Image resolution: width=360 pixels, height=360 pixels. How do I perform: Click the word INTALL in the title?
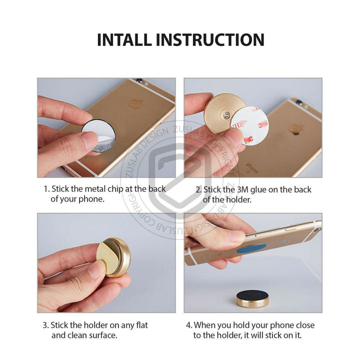click(x=124, y=39)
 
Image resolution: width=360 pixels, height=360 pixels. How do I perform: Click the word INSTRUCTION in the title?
click(x=210, y=39)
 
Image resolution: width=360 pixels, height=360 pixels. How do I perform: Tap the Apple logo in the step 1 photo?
click(x=136, y=104)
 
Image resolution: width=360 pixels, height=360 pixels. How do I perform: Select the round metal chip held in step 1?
click(x=98, y=135)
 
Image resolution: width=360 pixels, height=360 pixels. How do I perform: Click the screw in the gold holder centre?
click(x=227, y=115)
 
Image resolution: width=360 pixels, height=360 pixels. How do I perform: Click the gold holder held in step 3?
click(x=113, y=257)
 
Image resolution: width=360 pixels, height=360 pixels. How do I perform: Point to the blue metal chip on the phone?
click(x=251, y=249)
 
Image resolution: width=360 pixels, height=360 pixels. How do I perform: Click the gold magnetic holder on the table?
click(x=253, y=299)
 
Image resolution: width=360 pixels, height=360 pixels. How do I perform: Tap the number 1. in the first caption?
click(x=46, y=189)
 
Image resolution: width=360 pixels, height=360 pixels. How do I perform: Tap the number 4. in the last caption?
click(x=189, y=325)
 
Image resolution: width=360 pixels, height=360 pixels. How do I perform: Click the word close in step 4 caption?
click(x=305, y=325)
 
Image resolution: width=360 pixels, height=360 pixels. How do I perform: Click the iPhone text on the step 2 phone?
click(x=252, y=167)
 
